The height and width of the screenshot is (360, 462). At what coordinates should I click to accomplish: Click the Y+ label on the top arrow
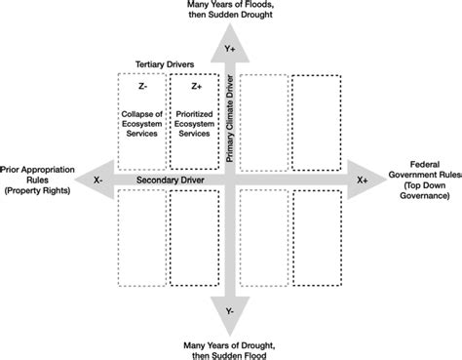point(230,45)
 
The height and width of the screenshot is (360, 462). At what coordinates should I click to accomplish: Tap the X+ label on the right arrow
point(362,180)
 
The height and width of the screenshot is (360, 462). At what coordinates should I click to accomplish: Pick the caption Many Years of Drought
point(230,346)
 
